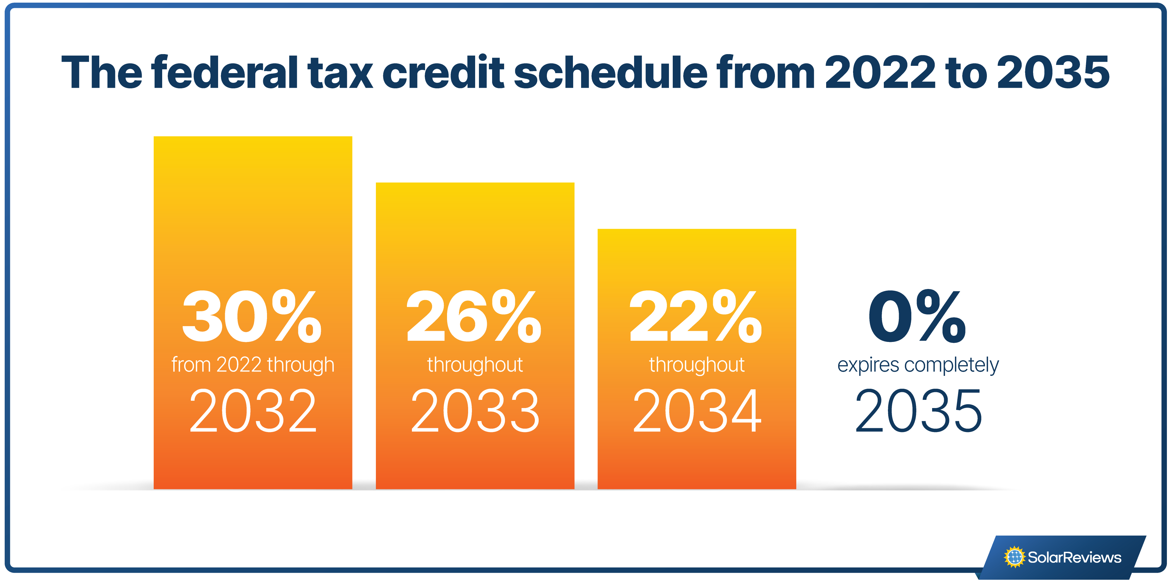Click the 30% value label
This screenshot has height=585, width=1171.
252,316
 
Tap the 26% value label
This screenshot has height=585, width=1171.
474,316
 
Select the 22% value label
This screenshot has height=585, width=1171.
696,316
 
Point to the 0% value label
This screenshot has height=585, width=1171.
917,316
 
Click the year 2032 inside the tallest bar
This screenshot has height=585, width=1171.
253,411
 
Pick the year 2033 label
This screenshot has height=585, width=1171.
475,411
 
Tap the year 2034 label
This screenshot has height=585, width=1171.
697,411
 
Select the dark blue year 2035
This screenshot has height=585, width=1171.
919,411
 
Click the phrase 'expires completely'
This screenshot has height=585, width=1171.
918,365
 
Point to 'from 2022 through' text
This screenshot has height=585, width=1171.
253,365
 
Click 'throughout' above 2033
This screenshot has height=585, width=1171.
475,365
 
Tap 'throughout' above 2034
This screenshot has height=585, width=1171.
697,365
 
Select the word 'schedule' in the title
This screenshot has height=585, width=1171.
610,72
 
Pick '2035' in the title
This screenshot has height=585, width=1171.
1053,72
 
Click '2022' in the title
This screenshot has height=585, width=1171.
880,72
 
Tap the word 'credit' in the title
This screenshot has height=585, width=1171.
443,72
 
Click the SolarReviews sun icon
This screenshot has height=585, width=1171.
1015,557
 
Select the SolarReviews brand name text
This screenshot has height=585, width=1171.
1075,557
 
